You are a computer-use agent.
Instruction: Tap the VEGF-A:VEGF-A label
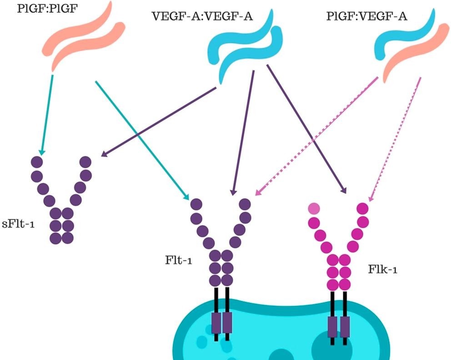coord(202,17)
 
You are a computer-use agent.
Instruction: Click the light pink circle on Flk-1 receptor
coord(313,209)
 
